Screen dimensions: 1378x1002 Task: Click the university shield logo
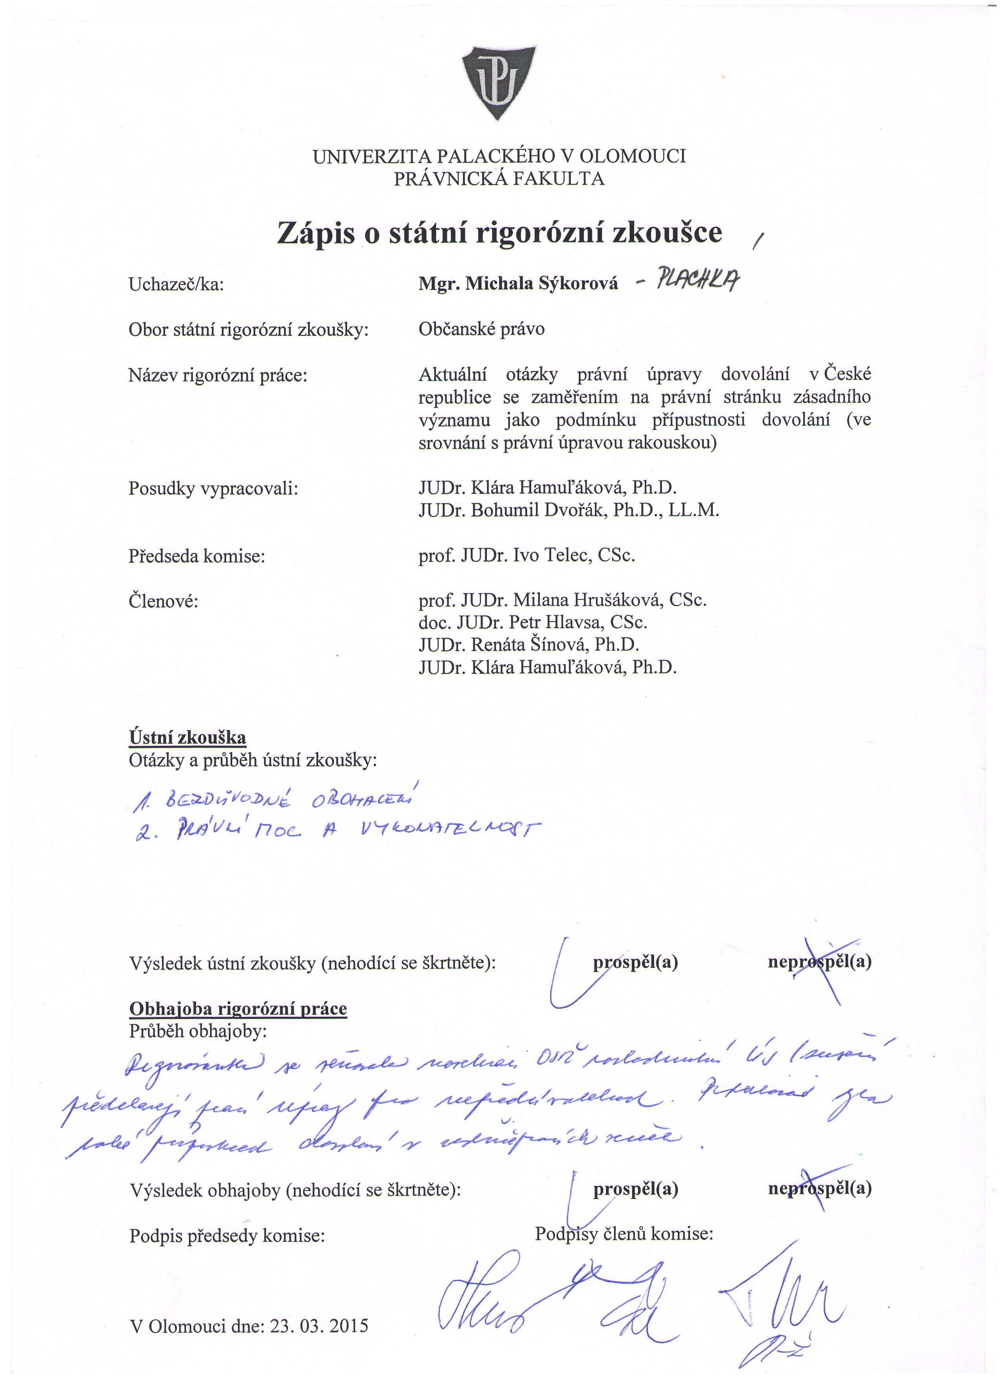(499, 82)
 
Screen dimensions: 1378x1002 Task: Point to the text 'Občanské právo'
(481, 329)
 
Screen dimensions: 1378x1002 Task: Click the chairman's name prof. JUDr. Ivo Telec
(526, 555)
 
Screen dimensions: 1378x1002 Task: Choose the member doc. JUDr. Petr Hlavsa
(532, 623)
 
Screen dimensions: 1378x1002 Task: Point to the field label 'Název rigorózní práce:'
(218, 376)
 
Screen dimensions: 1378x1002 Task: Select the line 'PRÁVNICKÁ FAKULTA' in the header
(499, 179)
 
